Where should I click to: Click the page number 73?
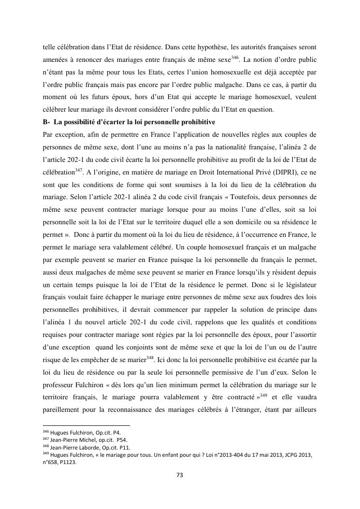(x=180, y=475)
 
